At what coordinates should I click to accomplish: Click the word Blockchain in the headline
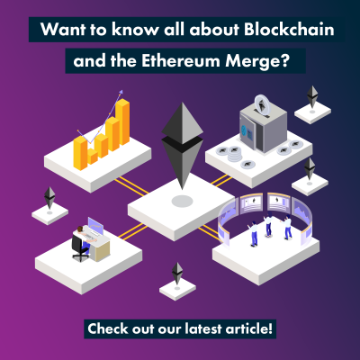tap(289, 30)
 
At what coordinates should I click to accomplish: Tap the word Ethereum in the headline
tap(181, 61)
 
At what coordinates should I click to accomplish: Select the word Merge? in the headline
tap(257, 62)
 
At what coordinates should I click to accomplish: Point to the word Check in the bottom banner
tap(107, 328)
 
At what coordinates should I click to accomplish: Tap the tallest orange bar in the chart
tap(122, 122)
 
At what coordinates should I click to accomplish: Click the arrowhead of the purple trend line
tap(121, 92)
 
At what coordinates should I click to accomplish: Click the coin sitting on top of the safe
tap(262, 104)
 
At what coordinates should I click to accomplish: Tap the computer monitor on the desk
tap(95, 227)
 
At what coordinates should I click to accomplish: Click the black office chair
tap(78, 247)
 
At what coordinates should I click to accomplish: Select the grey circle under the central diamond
tap(182, 201)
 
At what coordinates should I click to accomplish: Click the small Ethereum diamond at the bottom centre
tap(177, 274)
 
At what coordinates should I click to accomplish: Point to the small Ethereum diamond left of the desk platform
tap(49, 198)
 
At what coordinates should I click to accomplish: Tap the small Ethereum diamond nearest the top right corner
tap(312, 97)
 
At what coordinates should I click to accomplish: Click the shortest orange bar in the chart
tap(93, 157)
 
